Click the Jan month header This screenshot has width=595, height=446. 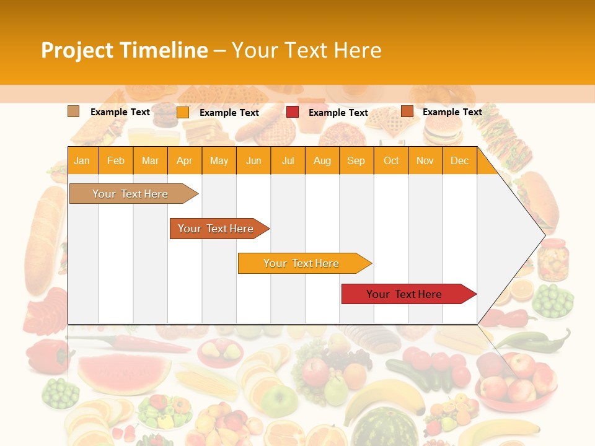[82, 161]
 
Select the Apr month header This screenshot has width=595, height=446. [184, 161]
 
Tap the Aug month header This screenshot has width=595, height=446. [322, 161]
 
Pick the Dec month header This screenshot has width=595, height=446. [459, 161]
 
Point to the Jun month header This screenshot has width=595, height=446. [253, 161]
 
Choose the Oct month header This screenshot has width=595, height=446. [391, 161]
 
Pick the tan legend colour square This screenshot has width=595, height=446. [74, 111]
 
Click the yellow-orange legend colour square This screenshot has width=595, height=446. [183, 112]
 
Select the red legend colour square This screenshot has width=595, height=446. [293, 112]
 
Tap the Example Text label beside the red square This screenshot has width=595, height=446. [338, 113]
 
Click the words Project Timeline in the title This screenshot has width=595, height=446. [124, 50]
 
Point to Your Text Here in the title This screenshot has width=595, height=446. [306, 50]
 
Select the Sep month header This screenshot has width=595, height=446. [356, 161]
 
